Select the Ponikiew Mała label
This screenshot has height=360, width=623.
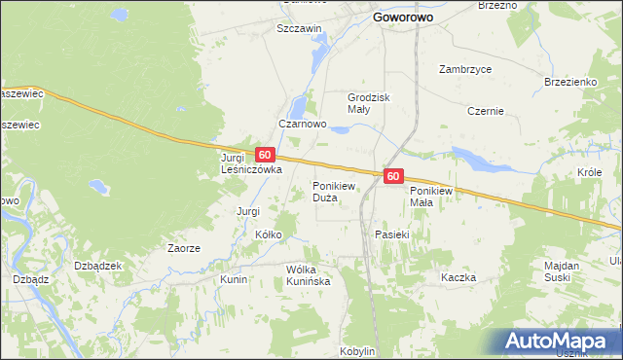(433, 197)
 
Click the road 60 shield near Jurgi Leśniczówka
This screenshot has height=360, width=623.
(264, 155)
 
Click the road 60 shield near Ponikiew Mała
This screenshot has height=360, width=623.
(392, 176)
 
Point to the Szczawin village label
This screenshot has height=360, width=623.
(299, 29)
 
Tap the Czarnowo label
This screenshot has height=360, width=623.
(302, 125)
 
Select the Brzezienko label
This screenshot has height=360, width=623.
(569, 83)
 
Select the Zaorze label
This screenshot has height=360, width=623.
(183, 248)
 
